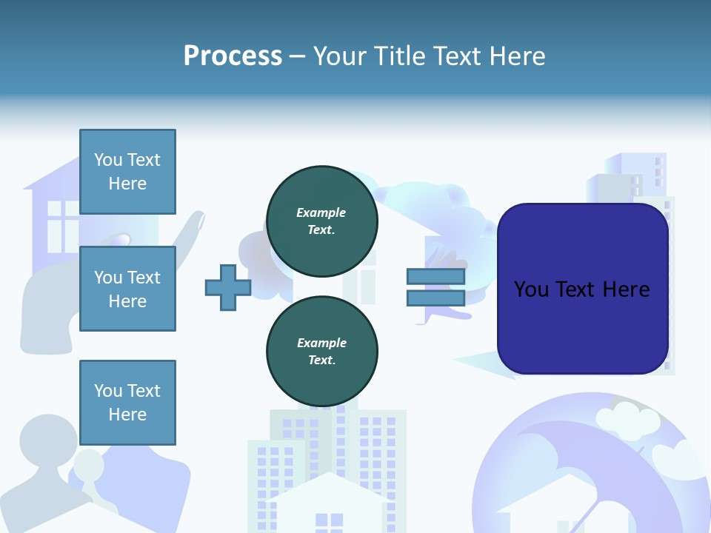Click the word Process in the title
[x=233, y=56]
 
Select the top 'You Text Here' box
[x=127, y=172]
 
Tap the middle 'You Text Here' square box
[x=127, y=289]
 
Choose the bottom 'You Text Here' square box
[x=127, y=402]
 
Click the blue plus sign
[x=228, y=287]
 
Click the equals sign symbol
[x=435, y=287]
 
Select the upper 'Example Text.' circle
[x=321, y=221]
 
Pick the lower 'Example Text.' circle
[x=321, y=352]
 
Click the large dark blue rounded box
[x=582, y=289]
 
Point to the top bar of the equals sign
[x=435, y=277]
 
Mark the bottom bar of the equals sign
[x=435, y=298]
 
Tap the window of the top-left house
[x=62, y=218]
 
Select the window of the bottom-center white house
[x=329, y=522]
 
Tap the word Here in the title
[x=517, y=56]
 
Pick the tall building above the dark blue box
[x=630, y=178]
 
